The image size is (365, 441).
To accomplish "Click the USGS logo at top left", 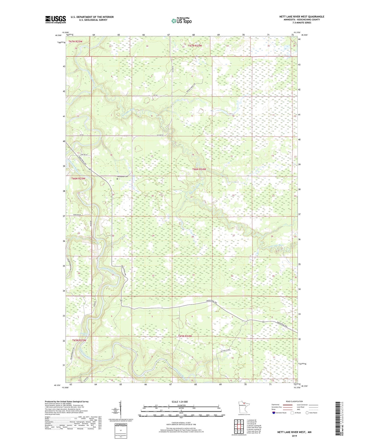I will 56,19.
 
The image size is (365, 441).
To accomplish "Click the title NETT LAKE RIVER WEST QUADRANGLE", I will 302,17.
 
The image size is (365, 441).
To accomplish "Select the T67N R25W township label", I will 75,41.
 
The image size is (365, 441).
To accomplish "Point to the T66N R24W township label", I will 199,169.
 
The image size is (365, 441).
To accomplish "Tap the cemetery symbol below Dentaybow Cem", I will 117,179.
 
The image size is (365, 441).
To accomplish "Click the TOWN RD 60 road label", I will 78,215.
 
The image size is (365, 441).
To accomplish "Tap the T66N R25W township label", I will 78,178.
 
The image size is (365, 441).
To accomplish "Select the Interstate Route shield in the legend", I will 274,413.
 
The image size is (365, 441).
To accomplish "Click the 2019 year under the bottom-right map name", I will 294,436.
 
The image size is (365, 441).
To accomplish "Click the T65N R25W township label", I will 79,340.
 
